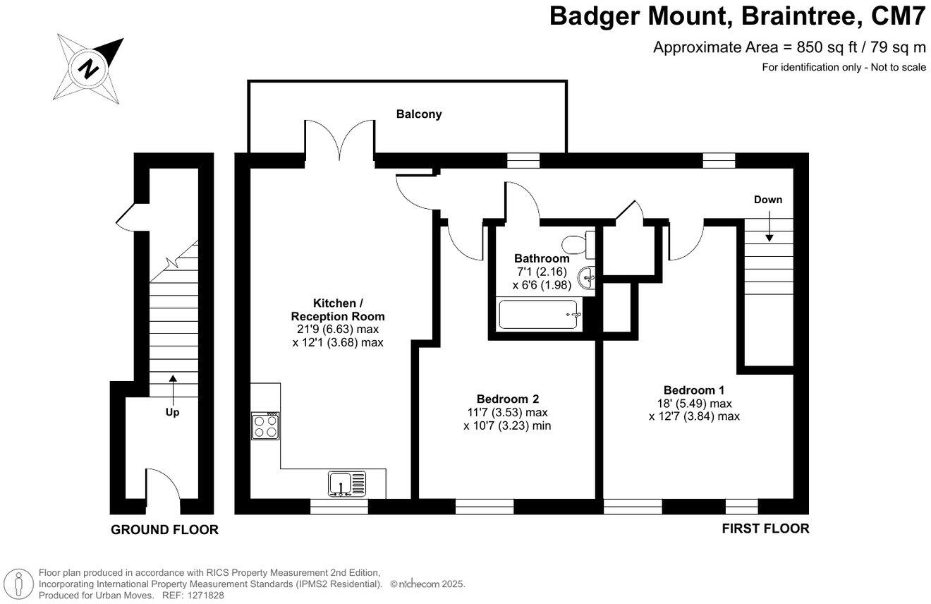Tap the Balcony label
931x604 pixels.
pos(418,114)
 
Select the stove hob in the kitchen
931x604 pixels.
pos(266,425)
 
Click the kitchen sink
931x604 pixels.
pos(346,483)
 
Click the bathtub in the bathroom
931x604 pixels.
pos(540,315)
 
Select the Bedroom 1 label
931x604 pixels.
pos(693,390)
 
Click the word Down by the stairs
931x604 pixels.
pos(767,200)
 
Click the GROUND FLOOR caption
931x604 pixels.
pos(164,530)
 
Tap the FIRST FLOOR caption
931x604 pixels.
pos(765,528)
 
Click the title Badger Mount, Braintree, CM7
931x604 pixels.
pos(738,16)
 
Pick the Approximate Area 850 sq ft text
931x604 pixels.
pos(789,47)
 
